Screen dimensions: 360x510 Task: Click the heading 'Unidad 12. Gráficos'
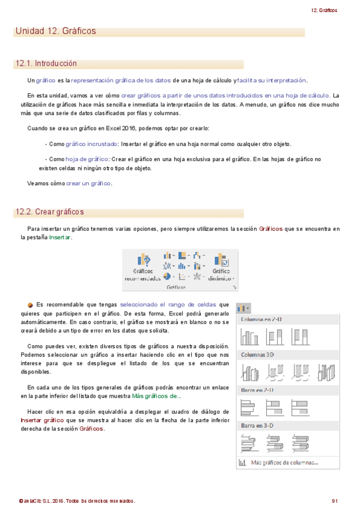click(55, 31)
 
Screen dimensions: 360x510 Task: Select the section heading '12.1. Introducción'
click(47, 63)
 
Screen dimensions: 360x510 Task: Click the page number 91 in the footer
click(335, 500)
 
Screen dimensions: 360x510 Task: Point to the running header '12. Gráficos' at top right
click(325, 10)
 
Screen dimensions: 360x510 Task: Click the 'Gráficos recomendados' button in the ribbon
click(142, 266)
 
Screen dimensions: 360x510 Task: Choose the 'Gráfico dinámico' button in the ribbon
click(221, 266)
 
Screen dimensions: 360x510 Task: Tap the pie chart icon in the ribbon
click(168, 276)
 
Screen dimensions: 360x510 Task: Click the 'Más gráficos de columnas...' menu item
click(284, 462)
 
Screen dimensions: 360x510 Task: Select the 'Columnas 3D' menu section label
click(257, 354)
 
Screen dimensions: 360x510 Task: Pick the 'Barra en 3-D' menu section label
click(257, 425)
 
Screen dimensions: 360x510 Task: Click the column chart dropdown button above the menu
click(243, 309)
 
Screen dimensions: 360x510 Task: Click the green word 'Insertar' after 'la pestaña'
click(59, 238)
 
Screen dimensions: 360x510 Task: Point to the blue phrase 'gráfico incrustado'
click(91, 144)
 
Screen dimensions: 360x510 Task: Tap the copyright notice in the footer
click(77, 500)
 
